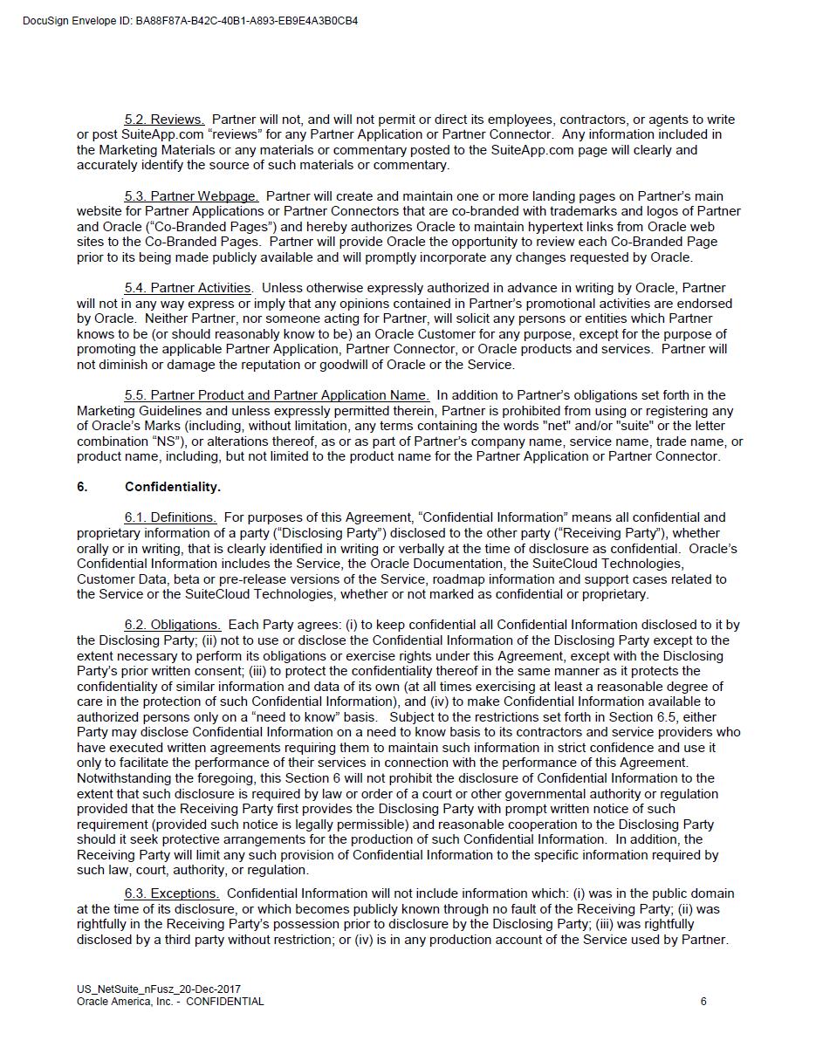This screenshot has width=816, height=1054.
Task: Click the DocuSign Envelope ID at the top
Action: [190, 21]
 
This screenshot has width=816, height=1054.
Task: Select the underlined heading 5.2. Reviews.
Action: [164, 120]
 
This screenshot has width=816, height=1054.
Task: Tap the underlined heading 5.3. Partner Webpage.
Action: [191, 196]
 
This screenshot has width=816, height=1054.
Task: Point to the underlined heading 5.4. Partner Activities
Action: [188, 288]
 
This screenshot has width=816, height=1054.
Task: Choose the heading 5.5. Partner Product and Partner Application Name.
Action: [277, 395]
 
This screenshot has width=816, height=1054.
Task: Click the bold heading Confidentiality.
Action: [173, 487]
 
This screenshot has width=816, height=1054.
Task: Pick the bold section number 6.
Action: [82, 487]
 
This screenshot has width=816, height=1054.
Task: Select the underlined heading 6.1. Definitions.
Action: [170, 517]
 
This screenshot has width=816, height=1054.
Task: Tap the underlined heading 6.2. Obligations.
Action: [172, 625]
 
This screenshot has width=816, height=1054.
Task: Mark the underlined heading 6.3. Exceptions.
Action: [171, 893]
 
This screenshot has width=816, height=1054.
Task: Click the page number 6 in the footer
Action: [703, 1002]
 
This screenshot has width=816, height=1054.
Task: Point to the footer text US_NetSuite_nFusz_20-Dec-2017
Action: [159, 989]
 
